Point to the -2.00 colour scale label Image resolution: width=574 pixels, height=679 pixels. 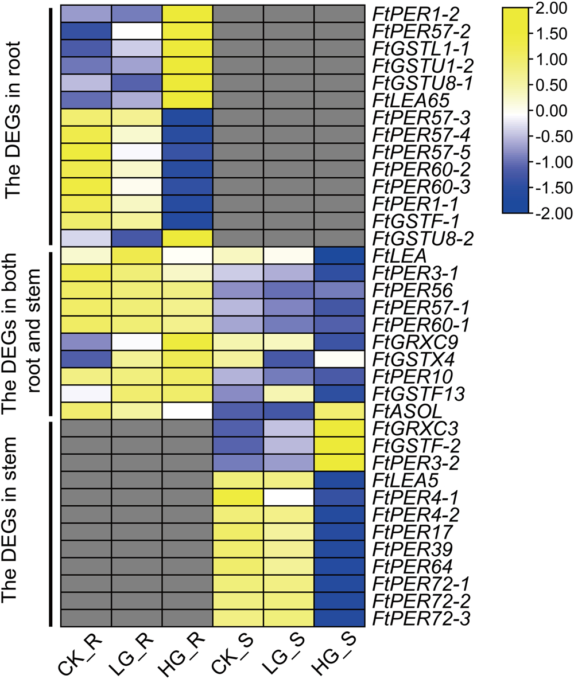(553, 213)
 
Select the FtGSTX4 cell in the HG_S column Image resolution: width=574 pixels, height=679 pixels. (339, 359)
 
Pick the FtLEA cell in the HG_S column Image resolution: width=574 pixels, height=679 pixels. (339, 255)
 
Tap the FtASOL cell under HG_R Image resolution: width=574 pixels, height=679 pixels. (187, 411)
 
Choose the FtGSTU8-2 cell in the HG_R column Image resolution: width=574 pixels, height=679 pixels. (187, 238)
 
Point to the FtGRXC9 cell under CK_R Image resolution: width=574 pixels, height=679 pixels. (86, 342)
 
